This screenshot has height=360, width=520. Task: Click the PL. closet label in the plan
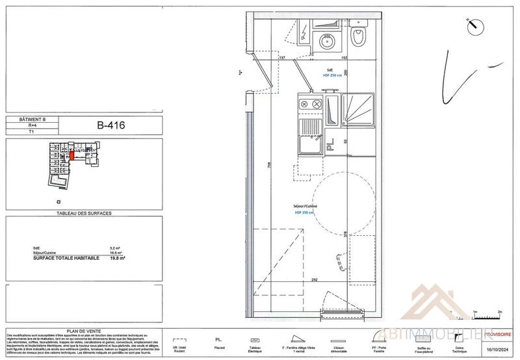(x=330, y=148)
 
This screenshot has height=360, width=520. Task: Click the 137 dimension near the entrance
(x=282, y=58)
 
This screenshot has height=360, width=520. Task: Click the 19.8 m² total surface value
(x=116, y=258)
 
